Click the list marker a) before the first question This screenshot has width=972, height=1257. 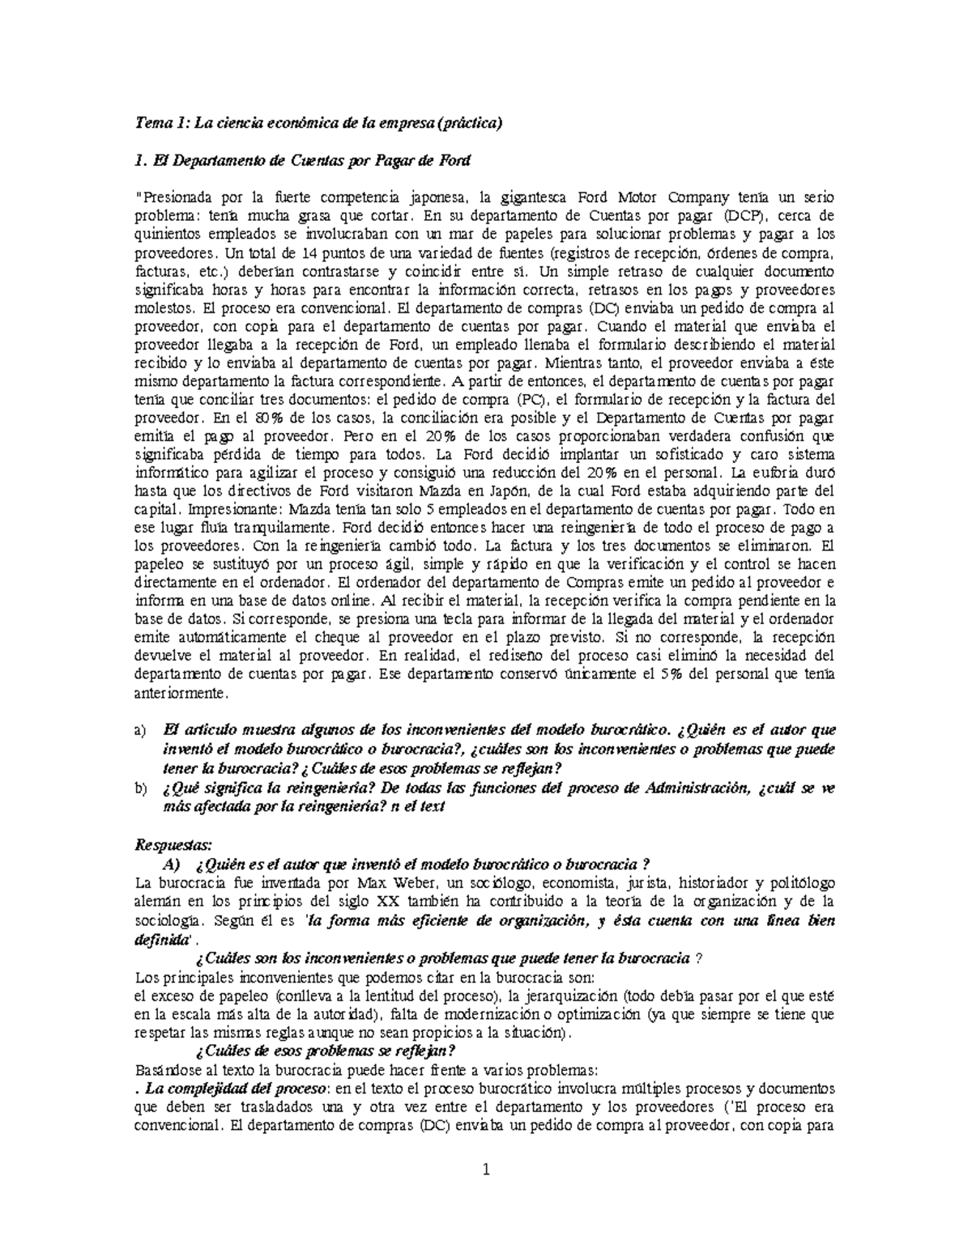[140, 732]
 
